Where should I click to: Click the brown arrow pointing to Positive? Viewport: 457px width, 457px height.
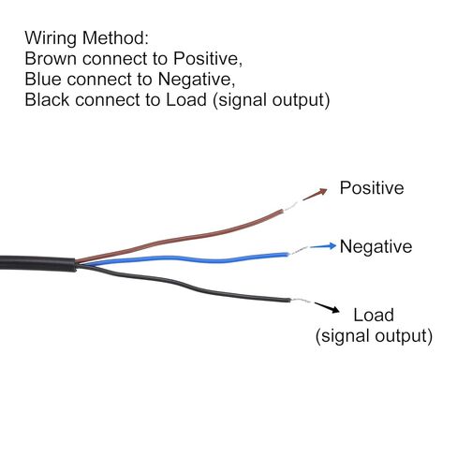click(315, 194)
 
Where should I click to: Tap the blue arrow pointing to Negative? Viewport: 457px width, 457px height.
click(323, 246)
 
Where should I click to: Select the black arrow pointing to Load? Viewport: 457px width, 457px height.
click(327, 307)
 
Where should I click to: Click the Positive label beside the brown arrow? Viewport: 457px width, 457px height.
click(372, 188)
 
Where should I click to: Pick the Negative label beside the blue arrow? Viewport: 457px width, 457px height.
click(376, 246)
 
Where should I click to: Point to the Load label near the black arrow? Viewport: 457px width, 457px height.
click(374, 315)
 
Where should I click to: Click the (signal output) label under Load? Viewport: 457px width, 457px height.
click(374, 336)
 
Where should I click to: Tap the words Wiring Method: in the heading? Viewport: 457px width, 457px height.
click(87, 38)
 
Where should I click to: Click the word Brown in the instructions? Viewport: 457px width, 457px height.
click(51, 58)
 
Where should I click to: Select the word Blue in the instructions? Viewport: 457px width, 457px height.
click(43, 79)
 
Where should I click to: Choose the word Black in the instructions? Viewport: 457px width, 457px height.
click(47, 99)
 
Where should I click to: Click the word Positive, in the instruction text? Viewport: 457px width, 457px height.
click(208, 59)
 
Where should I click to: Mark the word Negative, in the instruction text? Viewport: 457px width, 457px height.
click(197, 80)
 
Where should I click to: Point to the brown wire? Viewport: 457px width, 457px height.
click(179, 236)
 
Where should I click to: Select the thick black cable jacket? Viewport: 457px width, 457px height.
click(37, 263)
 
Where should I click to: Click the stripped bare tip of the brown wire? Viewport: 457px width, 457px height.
click(290, 207)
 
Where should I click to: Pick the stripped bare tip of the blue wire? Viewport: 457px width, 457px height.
click(298, 250)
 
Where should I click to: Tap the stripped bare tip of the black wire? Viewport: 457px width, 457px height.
click(301, 301)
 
